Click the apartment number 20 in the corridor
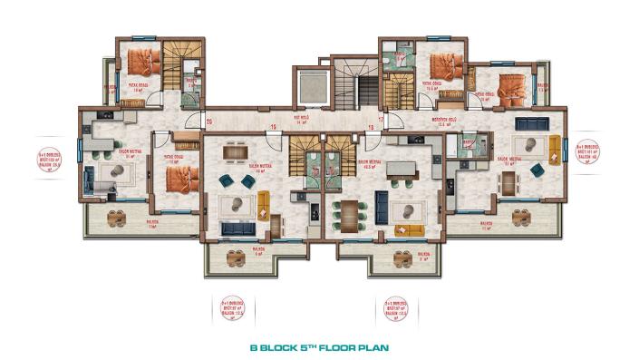[x=208, y=119]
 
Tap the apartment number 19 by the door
[x=273, y=128]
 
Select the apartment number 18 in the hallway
[x=370, y=128]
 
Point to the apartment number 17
[x=381, y=119]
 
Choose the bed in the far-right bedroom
[x=509, y=89]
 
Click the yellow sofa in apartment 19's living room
[x=264, y=204]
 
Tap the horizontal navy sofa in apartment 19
[x=237, y=229]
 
